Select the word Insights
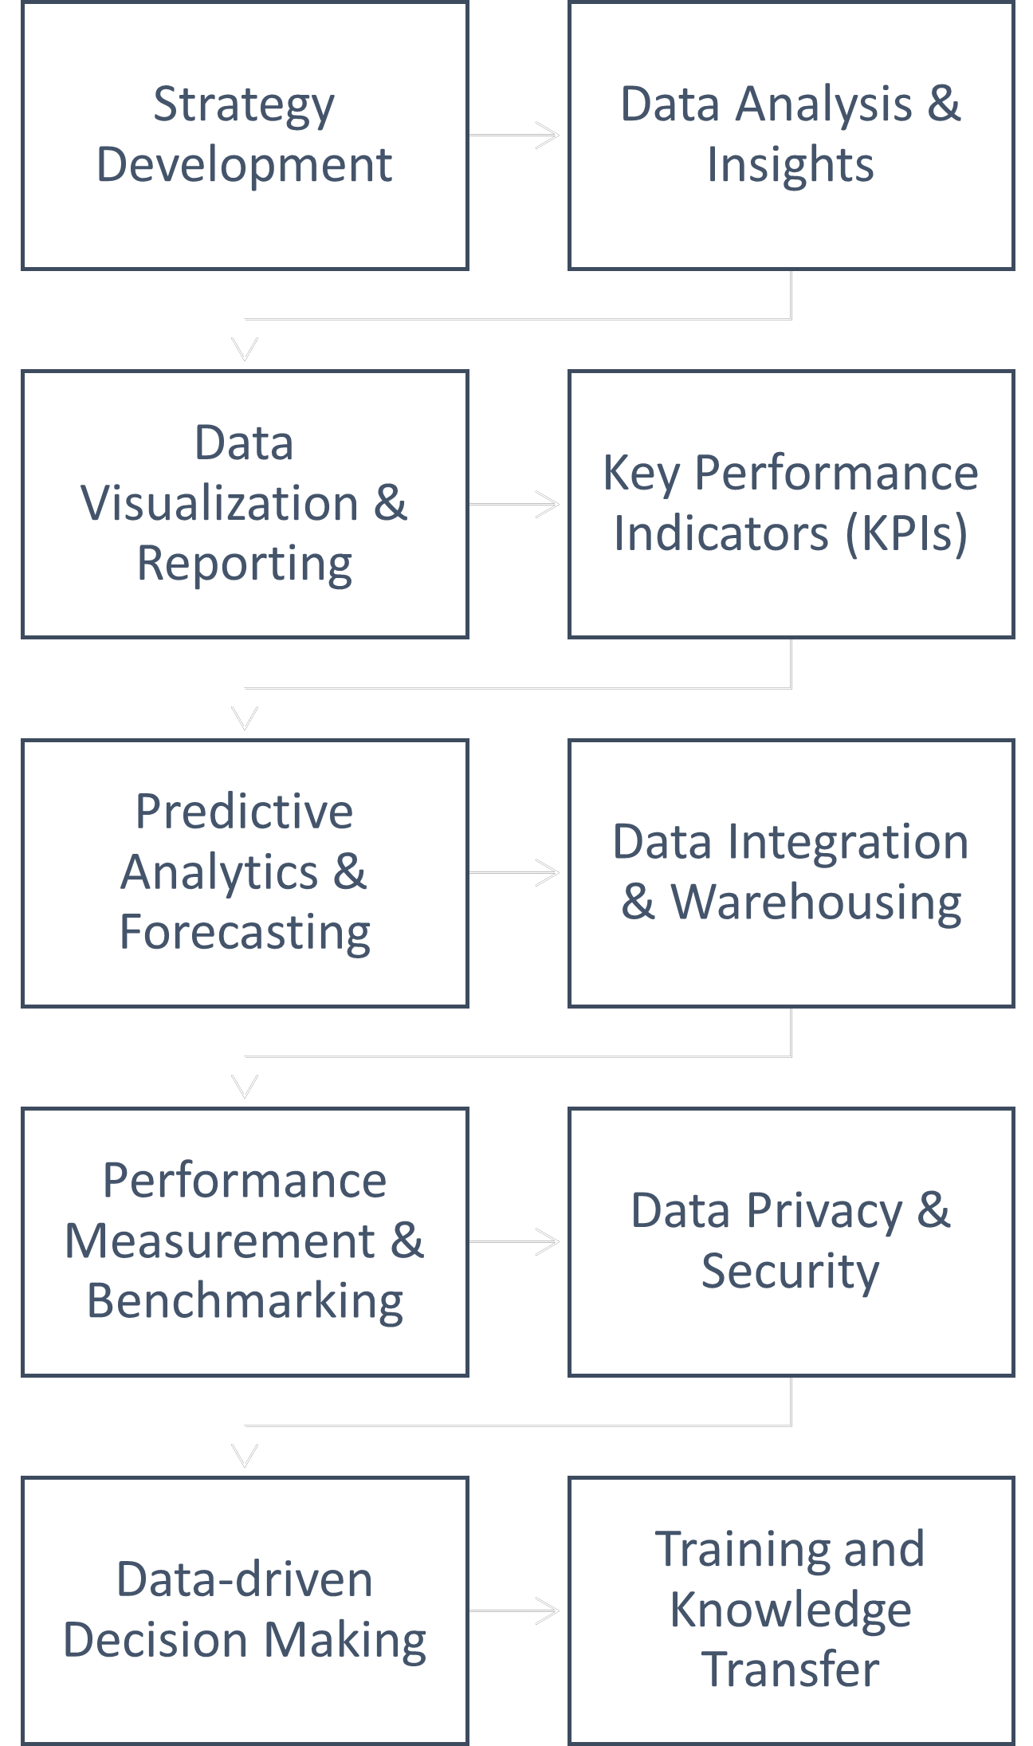[790, 165]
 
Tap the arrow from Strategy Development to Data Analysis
[515, 136]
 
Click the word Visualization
[219, 504]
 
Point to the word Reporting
[245, 564]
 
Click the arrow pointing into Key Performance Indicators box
[515, 504]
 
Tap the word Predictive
[245, 812]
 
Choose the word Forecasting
[245, 932]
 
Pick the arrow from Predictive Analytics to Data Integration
[515, 873]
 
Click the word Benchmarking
[245, 1301]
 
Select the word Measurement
[219, 1241]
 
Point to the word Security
[790, 1271]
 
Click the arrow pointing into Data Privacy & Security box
[515, 1241]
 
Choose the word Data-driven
[245, 1579]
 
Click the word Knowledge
[790, 1610]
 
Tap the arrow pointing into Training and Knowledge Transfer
[515, 1610]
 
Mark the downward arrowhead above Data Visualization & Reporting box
[245, 348]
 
